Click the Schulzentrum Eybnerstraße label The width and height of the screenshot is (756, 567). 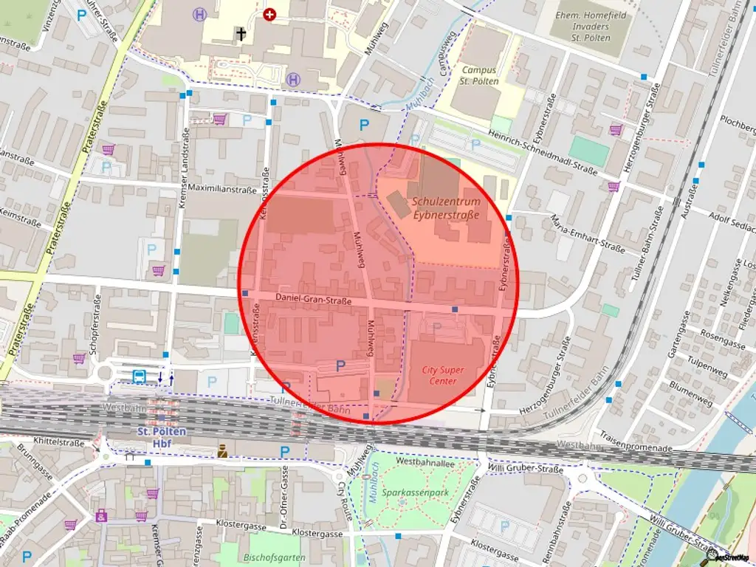[x=446, y=207]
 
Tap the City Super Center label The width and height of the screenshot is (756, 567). [x=443, y=375]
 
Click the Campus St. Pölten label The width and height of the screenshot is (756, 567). [x=479, y=75]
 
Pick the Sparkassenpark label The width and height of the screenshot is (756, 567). [x=405, y=492]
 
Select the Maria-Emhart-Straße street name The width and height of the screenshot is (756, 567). [x=588, y=233]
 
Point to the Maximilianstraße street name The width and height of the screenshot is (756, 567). [x=221, y=188]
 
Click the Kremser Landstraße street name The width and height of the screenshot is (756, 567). [x=185, y=168]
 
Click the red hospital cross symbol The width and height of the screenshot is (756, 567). [x=269, y=14]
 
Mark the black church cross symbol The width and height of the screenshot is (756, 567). [x=240, y=32]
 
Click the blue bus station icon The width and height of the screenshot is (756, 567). [x=139, y=377]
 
